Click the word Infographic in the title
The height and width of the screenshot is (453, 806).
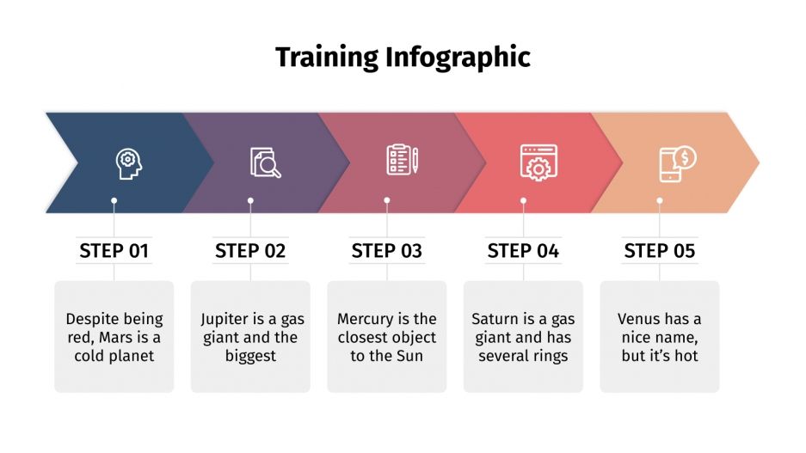458,58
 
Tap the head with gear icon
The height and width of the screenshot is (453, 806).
128,162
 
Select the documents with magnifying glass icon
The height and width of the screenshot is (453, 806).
265,162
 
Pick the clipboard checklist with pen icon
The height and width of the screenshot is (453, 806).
402,161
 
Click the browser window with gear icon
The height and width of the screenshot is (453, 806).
538,162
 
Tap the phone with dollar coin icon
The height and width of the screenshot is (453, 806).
677,163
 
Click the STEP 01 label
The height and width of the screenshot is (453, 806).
114,251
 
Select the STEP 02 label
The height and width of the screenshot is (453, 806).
250,251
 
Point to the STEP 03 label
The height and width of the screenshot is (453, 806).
387,251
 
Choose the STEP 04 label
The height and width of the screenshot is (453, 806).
523,251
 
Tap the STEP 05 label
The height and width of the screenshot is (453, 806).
660,251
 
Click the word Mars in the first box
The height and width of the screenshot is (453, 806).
123,338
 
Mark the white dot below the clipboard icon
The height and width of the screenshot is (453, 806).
387,200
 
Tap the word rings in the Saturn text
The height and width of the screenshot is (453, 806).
548,356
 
